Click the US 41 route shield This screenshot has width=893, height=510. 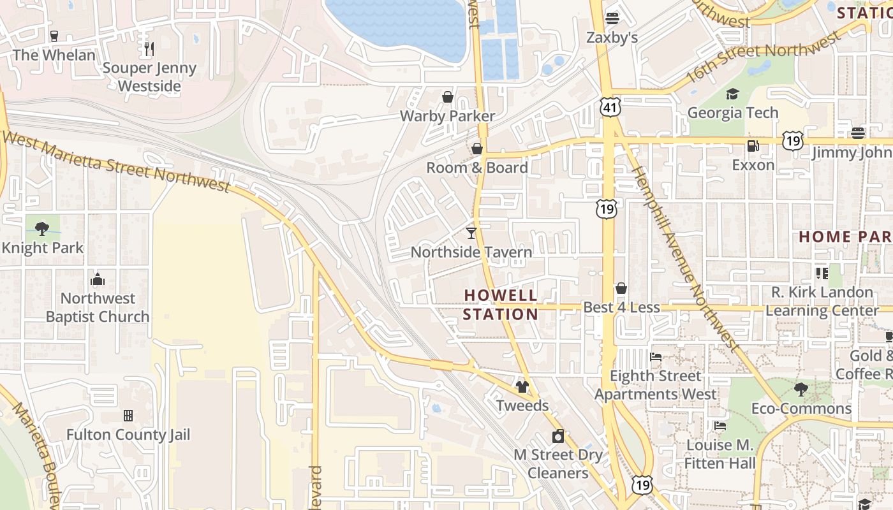click(x=610, y=108)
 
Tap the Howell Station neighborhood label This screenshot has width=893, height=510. click(x=501, y=305)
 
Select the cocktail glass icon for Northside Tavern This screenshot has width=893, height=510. click(x=471, y=233)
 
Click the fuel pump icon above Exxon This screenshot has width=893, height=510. click(x=753, y=146)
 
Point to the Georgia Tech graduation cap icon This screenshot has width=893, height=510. click(x=732, y=94)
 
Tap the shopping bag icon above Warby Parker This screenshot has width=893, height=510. click(x=448, y=97)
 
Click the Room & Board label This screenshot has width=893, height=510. click(x=476, y=168)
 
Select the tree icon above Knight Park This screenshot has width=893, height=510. click(x=42, y=228)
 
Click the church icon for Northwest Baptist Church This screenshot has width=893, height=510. click(x=98, y=279)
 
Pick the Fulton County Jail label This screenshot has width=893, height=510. click(x=128, y=435)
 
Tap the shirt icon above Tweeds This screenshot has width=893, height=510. click(x=522, y=386)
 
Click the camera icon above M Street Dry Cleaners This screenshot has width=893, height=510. click(x=558, y=436)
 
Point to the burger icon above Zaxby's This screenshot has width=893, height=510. click(x=612, y=18)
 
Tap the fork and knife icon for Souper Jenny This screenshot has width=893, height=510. click(x=149, y=48)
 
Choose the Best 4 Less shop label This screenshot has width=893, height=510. click(x=621, y=307)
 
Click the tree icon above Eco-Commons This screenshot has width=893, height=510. click(x=801, y=389)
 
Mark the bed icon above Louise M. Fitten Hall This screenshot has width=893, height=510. click(x=720, y=426)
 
